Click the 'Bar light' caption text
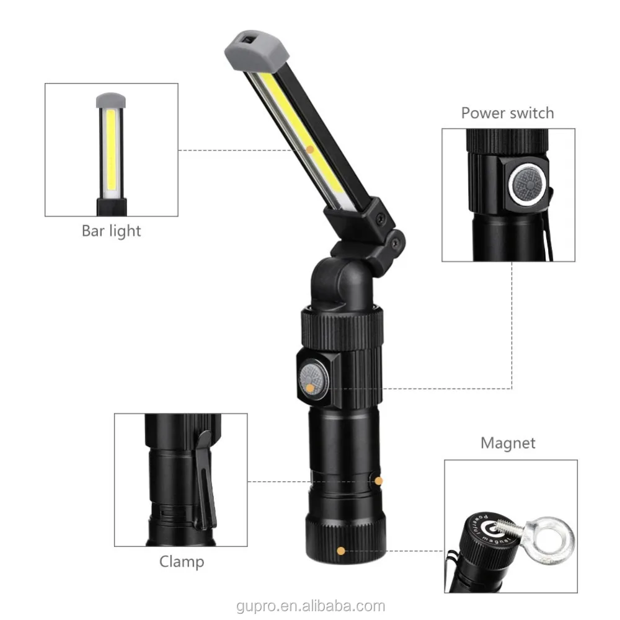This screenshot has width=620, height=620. pos(112,231)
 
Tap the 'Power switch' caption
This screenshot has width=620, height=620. pos(507,113)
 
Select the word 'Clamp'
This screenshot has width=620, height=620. pos(182,562)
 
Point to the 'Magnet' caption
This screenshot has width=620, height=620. pos(508,443)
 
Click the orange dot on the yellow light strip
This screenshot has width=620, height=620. pos(309,148)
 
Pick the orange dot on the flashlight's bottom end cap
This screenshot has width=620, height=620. pos(340,549)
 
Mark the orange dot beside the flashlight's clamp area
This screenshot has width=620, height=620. pos(379,480)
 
